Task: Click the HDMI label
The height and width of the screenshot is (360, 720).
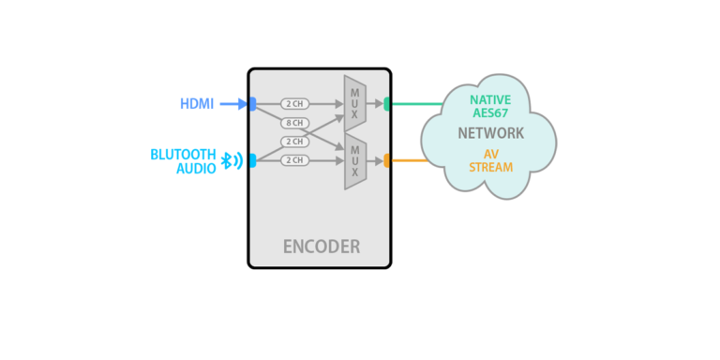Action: click(198, 104)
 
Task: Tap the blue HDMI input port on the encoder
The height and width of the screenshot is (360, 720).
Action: click(252, 104)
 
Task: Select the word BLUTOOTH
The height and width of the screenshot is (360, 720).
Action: click(184, 154)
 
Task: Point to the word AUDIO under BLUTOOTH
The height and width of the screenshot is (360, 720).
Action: click(196, 168)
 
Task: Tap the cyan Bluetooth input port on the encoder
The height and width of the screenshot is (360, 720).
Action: click(252, 160)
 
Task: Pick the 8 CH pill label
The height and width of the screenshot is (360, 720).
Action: click(294, 123)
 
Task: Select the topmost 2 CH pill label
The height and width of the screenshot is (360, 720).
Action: click(294, 104)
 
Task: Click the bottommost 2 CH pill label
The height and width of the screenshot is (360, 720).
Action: click(294, 160)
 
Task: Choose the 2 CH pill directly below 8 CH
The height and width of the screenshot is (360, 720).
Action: click(294, 142)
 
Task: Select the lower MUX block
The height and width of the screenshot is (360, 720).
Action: click(354, 160)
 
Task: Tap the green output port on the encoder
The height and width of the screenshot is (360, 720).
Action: click(387, 104)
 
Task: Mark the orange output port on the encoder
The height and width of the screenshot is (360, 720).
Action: click(387, 160)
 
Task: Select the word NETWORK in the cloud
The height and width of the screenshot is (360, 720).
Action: click(490, 133)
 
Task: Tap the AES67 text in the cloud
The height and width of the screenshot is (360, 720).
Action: click(491, 113)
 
